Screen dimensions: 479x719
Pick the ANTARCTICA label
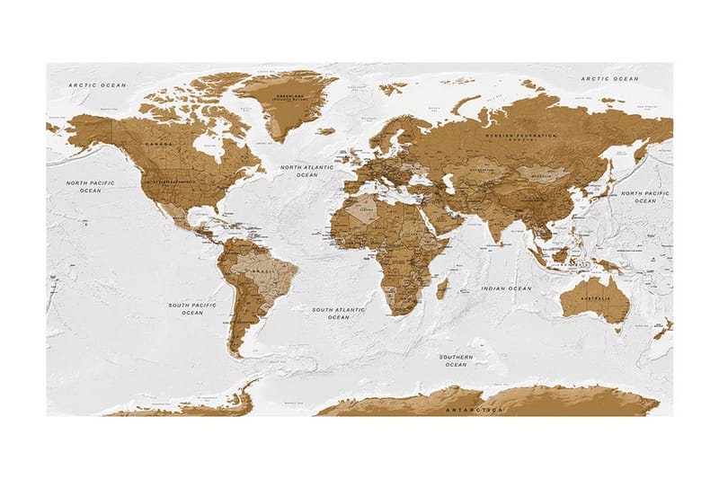[x=475, y=410]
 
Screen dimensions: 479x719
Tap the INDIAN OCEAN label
[x=507, y=288]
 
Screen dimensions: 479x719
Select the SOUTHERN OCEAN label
[x=457, y=360]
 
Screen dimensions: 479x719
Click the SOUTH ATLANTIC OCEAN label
[x=339, y=313]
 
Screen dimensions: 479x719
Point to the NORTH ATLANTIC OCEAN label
[x=306, y=171]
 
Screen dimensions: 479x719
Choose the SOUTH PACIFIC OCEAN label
[x=192, y=308]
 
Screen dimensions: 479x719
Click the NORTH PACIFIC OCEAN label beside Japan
[x=645, y=197]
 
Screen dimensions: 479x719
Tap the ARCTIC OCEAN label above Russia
[x=609, y=79]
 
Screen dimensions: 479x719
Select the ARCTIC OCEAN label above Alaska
[x=97, y=84]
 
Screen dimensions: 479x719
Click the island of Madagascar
[x=442, y=289]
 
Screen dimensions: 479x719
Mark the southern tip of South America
[x=236, y=355]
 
